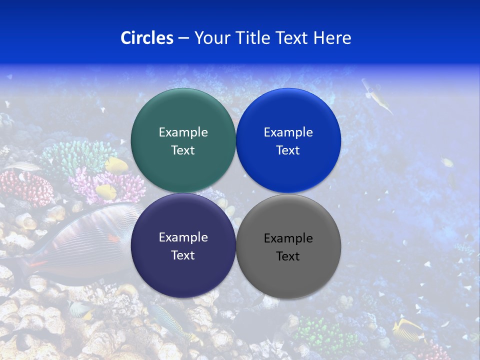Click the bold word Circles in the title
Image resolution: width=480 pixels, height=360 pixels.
coord(146,38)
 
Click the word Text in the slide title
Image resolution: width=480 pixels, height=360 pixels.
coord(292,38)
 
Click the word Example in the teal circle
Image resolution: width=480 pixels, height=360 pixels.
coord(183,132)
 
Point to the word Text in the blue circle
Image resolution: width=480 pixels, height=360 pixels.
coord(288,150)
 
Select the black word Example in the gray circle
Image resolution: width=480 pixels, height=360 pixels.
coord(288,238)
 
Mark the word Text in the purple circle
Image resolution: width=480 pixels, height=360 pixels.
coord(183,255)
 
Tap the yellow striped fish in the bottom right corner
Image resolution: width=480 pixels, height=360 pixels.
coord(407,330)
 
